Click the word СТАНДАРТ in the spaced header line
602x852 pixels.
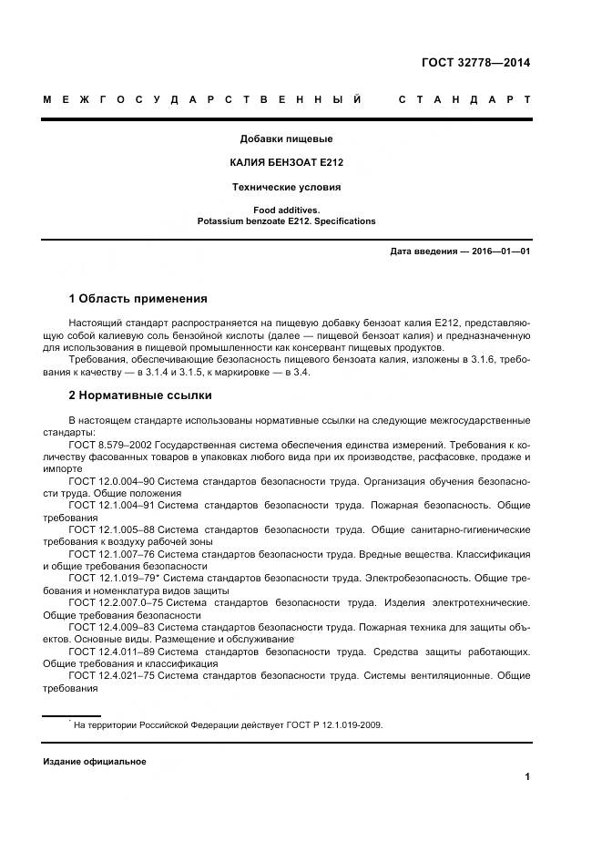(464, 98)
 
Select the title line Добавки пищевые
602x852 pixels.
(286, 139)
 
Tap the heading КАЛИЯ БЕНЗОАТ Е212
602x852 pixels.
(286, 163)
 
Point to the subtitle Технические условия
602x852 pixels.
(286, 187)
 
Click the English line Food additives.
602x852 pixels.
(286, 210)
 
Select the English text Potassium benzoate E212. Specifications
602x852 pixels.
(286, 221)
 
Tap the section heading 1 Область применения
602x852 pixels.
(138, 299)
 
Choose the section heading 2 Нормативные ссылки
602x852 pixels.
(140, 395)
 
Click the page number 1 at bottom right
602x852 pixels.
(527, 777)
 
